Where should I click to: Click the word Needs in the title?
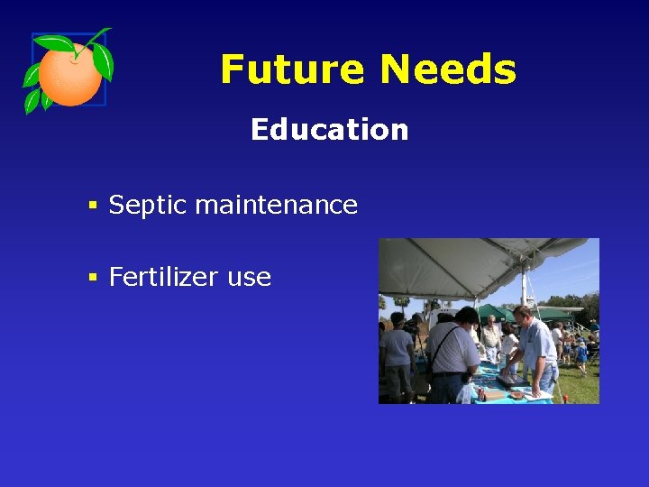tap(447, 69)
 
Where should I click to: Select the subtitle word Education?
tap(329, 130)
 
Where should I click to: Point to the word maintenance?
tap(276, 205)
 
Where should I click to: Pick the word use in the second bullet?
tap(249, 278)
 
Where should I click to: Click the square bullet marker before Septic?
tap(92, 206)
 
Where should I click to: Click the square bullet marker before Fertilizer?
tap(92, 278)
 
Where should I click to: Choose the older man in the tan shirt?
tap(491, 340)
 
